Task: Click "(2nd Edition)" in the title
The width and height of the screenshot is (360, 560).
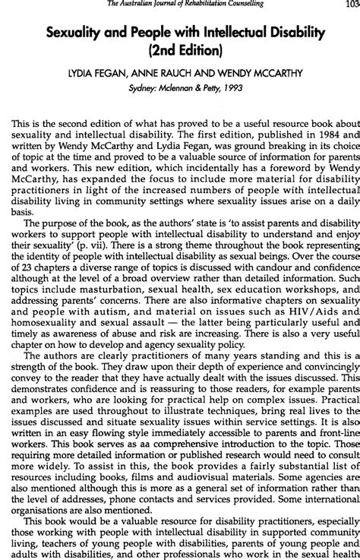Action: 182,51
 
